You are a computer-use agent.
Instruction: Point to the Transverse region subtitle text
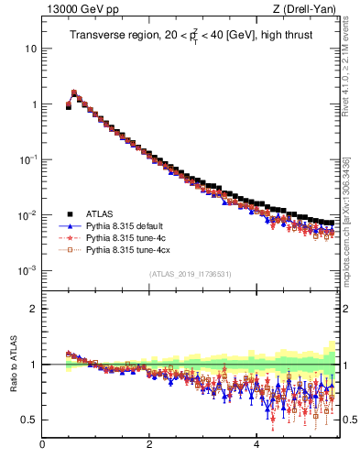[x=189, y=36]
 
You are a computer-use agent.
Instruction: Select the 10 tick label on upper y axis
[x=31, y=49]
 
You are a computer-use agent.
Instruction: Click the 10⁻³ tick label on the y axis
[x=28, y=272]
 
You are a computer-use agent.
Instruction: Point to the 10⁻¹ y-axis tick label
[x=28, y=160]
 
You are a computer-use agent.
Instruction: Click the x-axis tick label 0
[x=43, y=445]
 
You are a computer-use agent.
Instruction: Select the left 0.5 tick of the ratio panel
[x=29, y=420]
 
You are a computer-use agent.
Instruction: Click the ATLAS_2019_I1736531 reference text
[x=190, y=274]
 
